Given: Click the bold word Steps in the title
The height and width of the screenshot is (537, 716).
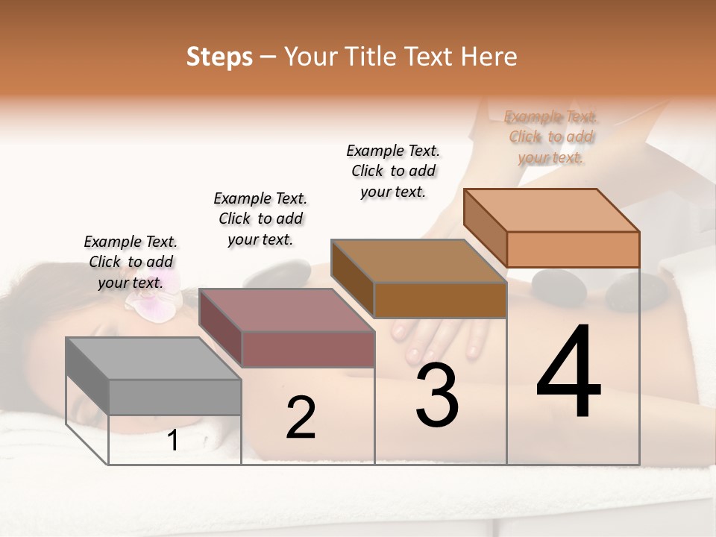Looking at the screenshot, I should (x=219, y=57).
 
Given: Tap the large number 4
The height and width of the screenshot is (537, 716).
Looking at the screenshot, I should (x=568, y=373).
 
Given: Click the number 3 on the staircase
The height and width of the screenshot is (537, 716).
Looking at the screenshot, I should (x=437, y=395).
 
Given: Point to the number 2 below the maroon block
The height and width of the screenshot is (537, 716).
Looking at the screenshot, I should (x=301, y=418).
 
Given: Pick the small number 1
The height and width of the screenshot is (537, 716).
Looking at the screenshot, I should (x=173, y=440).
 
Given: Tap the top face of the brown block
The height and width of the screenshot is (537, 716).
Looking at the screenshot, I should (x=418, y=261).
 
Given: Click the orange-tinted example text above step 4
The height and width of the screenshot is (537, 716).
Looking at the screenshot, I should (x=550, y=136).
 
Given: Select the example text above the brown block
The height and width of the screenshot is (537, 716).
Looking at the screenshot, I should (x=393, y=171).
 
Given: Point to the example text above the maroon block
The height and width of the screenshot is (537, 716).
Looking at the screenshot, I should (x=260, y=219).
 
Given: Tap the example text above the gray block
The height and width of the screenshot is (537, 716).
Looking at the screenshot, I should (x=131, y=262).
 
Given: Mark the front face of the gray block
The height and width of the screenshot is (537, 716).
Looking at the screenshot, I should (x=175, y=397).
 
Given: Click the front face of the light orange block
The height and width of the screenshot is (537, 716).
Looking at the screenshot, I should (x=573, y=249).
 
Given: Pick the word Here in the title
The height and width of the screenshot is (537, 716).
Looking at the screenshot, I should (x=491, y=57).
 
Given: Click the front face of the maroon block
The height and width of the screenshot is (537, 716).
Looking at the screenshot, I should (x=308, y=349).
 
